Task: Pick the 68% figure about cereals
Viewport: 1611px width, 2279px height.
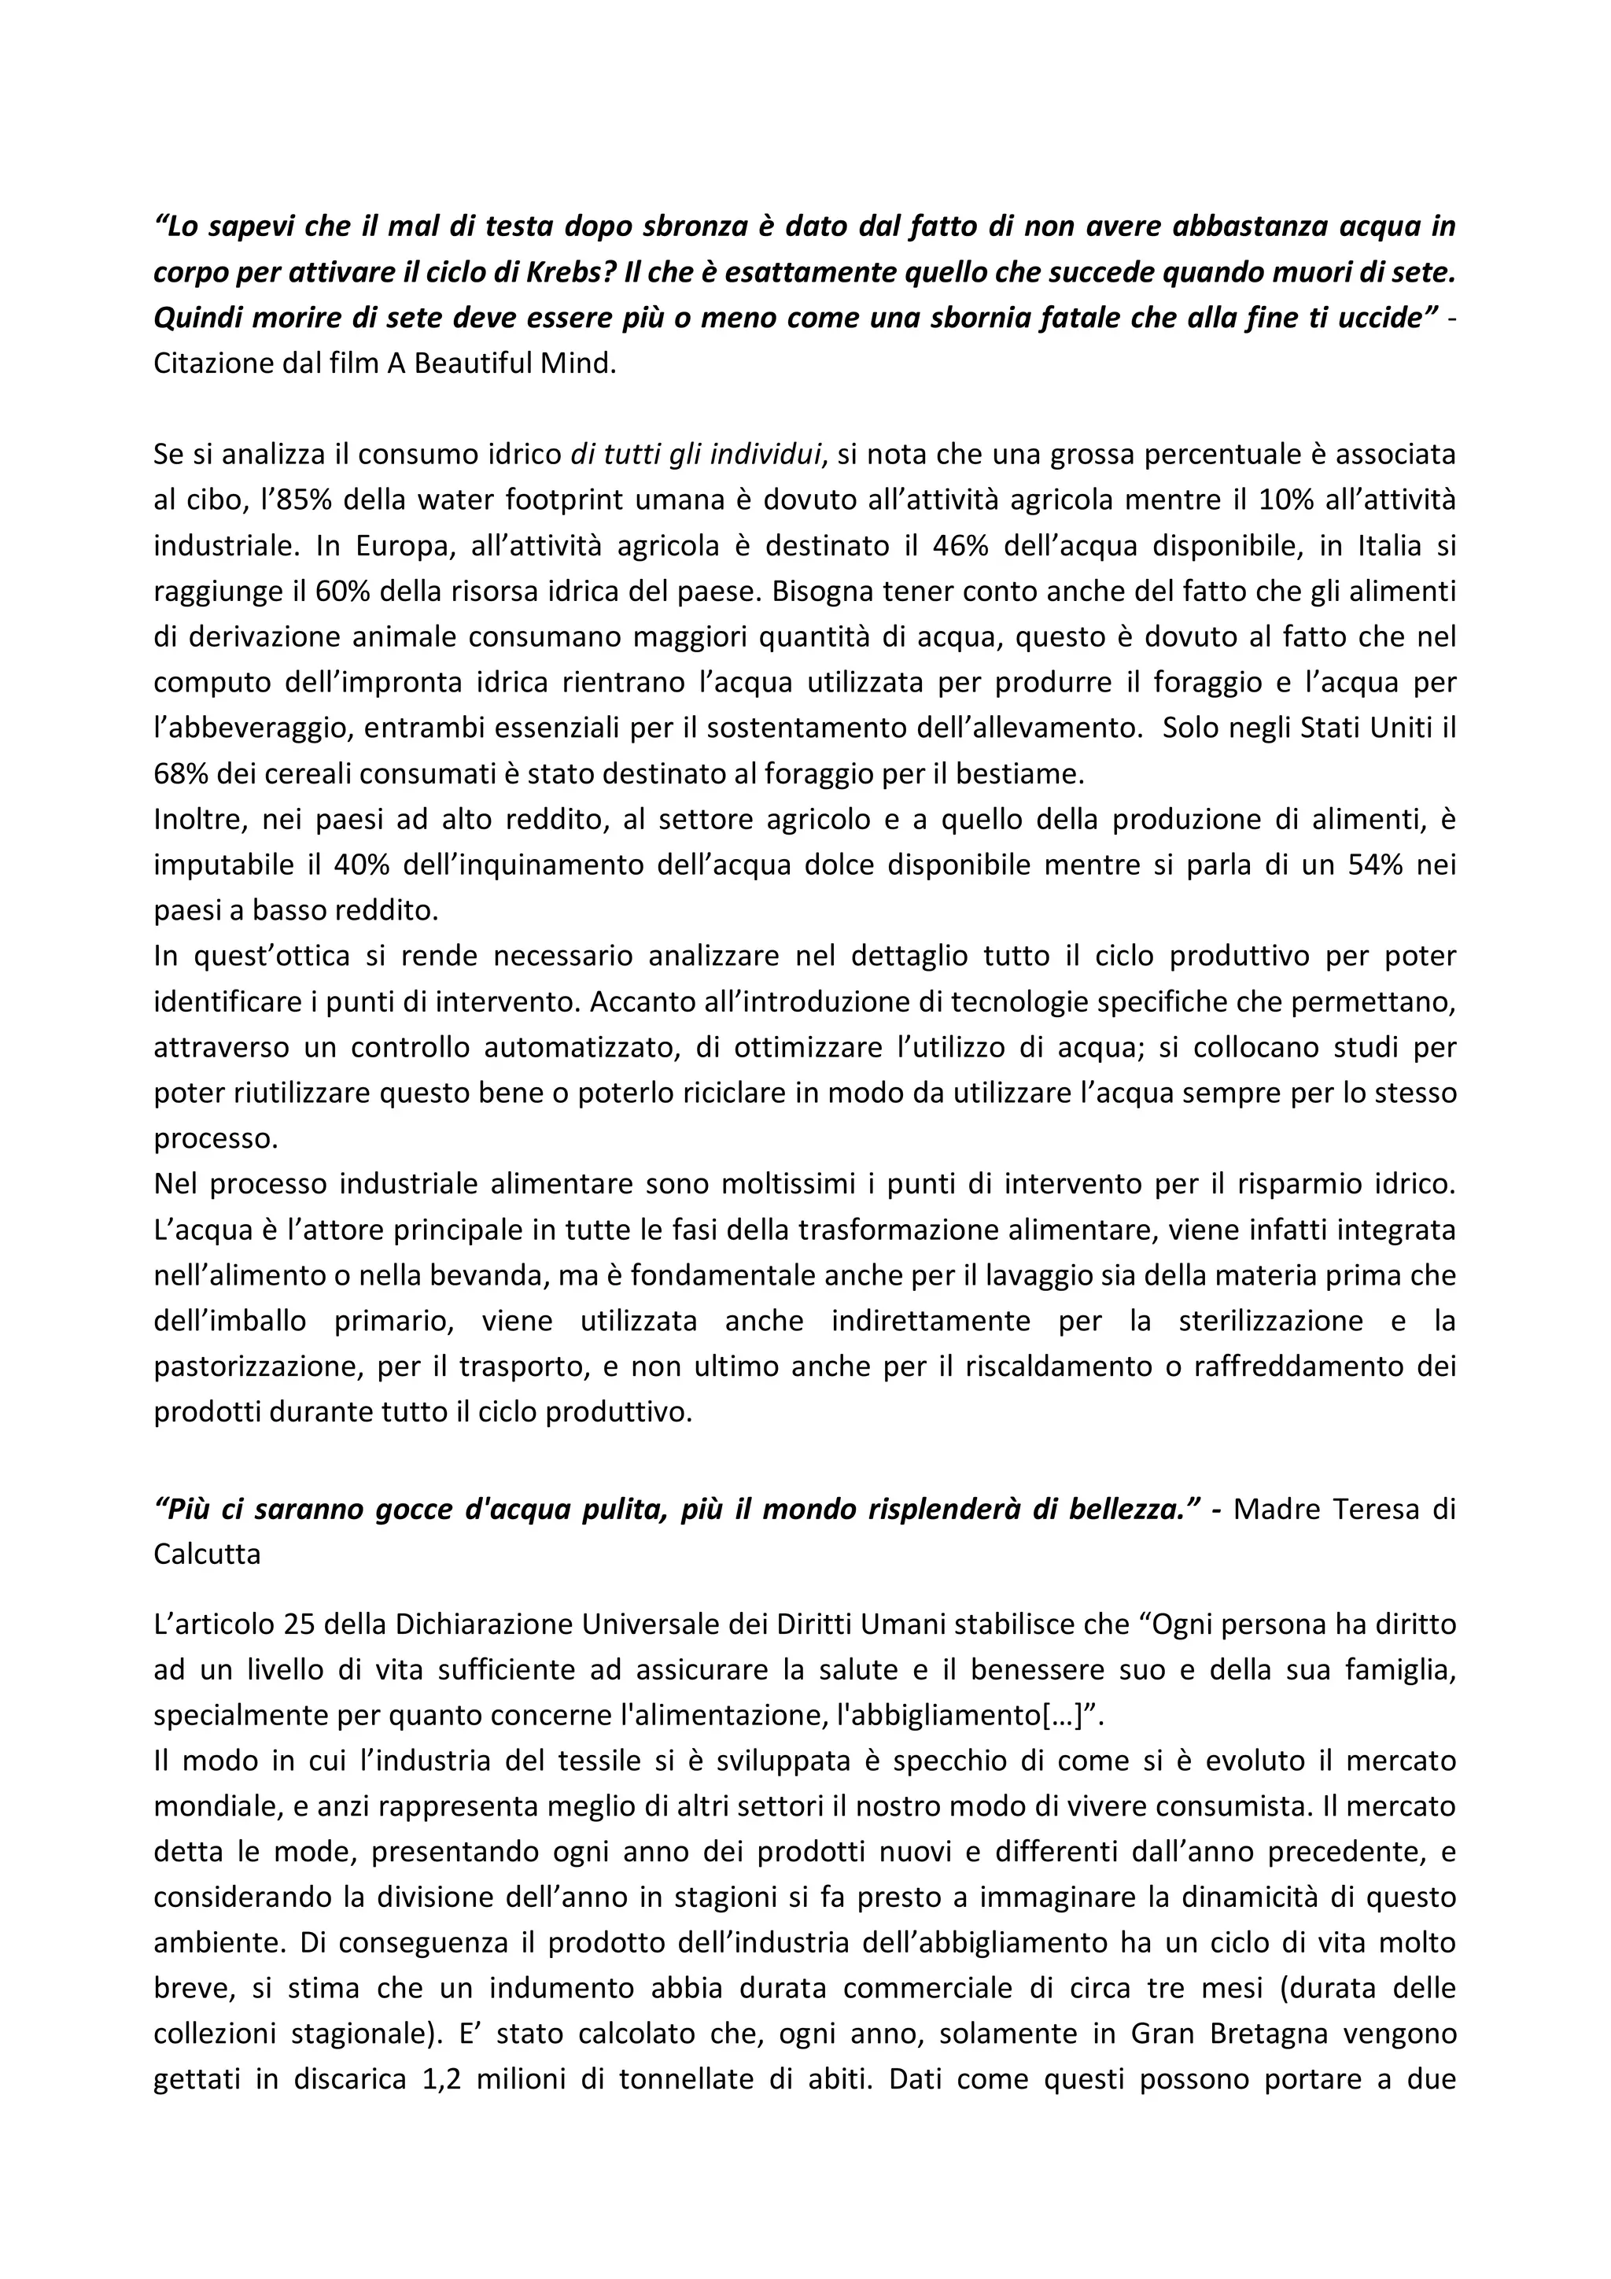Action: pos(183,773)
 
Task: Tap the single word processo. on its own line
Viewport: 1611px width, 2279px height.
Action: pos(216,1138)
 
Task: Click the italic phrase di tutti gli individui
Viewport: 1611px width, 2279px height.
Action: pos(697,455)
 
